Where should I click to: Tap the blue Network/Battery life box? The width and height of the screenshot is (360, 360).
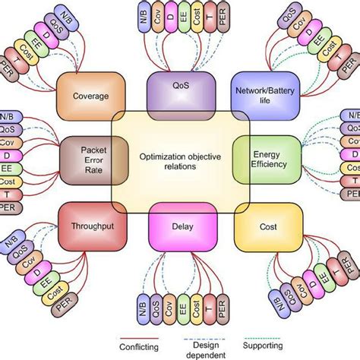pyautogui.click(x=261, y=93)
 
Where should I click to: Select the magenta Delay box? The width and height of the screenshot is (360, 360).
pyautogui.click(x=179, y=225)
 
